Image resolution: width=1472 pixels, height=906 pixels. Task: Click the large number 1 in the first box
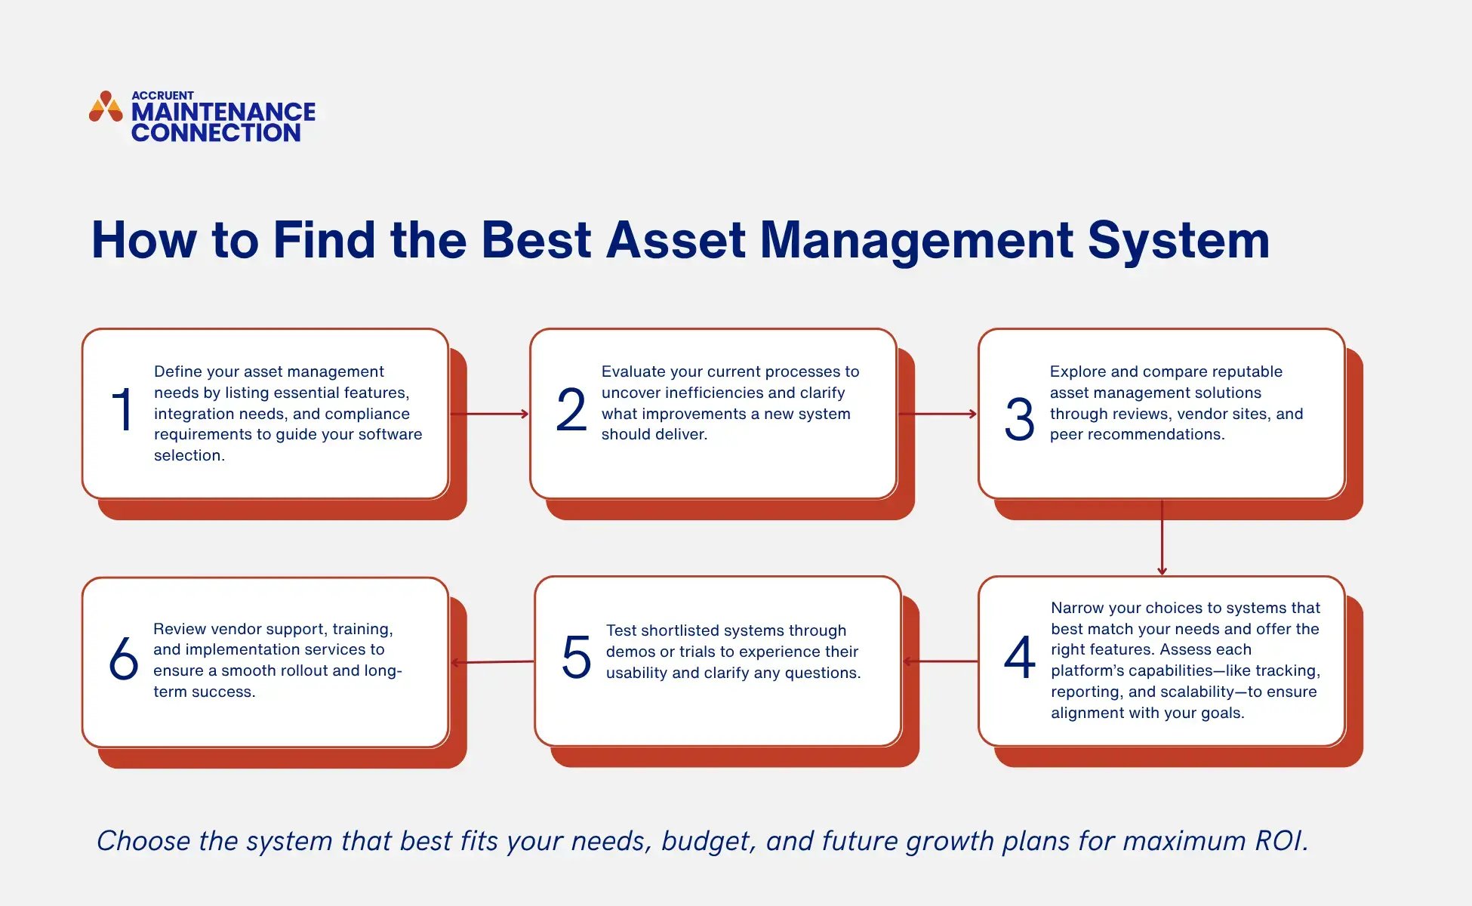pos(122,410)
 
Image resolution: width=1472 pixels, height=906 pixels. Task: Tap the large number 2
pos(571,410)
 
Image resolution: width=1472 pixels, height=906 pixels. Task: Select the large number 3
pos(1019,419)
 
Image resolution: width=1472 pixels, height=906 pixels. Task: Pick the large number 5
pos(576,657)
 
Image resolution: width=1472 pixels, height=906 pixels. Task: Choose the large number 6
pos(123,657)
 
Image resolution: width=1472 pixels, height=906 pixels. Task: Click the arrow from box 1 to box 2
pos(489,414)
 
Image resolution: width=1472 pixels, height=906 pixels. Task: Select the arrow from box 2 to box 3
pos(938,414)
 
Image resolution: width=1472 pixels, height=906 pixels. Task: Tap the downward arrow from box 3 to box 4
pos(1162,538)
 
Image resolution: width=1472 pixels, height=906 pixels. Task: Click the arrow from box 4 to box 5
pos(941,661)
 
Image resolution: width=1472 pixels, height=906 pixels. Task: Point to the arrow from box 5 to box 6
pos(492,662)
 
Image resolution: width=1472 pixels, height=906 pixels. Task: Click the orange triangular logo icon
pos(106,107)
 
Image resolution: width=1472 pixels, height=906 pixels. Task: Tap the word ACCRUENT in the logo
pos(162,95)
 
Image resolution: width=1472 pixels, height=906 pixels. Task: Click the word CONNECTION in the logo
pos(216,133)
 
